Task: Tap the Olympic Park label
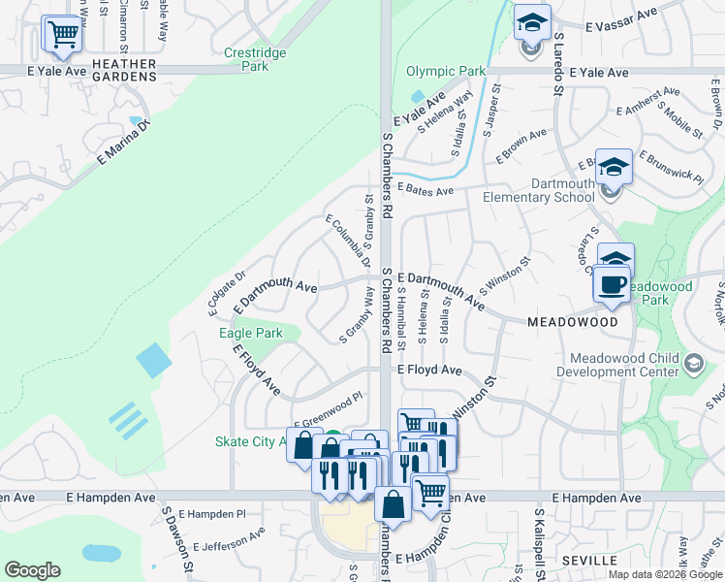[x=446, y=71]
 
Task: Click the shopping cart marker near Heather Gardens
[x=63, y=34]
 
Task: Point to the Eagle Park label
[x=251, y=333]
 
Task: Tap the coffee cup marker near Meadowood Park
[x=612, y=285]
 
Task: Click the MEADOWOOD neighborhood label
[x=573, y=321]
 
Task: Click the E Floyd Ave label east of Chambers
[x=428, y=370]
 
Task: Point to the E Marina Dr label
[x=125, y=146]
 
